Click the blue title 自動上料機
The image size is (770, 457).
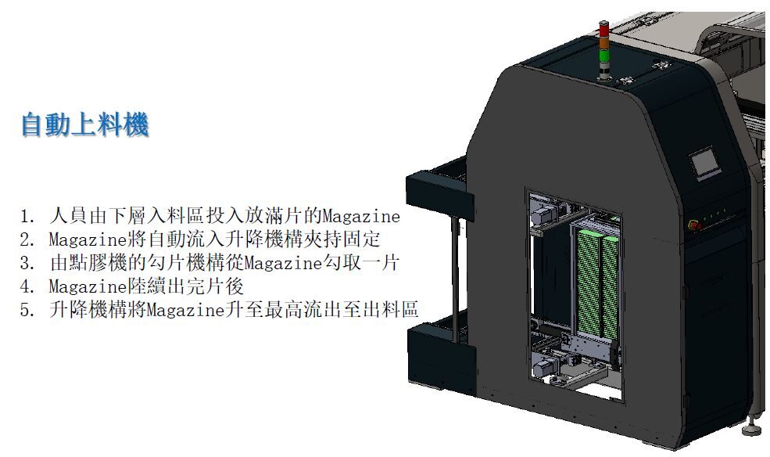click(84, 124)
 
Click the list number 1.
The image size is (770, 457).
click(27, 216)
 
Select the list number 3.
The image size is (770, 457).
click(27, 264)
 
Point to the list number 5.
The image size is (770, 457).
click(27, 311)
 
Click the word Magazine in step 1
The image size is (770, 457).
click(361, 216)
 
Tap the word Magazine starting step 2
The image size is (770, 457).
click(88, 239)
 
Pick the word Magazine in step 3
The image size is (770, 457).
click(283, 264)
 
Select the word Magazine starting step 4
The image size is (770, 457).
click(88, 286)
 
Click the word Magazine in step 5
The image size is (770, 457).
click(185, 311)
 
